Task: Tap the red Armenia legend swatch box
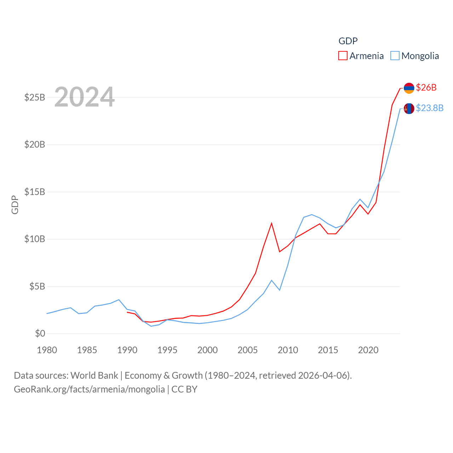pyautogui.click(x=343, y=56)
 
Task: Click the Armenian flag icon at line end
pyautogui.click(x=409, y=88)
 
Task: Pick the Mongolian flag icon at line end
pyautogui.click(x=409, y=108)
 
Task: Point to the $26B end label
pyautogui.click(x=426, y=87)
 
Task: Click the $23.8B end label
pyautogui.click(x=430, y=108)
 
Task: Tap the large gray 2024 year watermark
pyautogui.click(x=85, y=97)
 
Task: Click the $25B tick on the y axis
pyautogui.click(x=35, y=97)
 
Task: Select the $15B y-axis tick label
pyautogui.click(x=35, y=192)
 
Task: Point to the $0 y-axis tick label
pyautogui.click(x=40, y=333)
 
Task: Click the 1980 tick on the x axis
pyautogui.click(x=47, y=350)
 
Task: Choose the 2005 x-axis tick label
pyautogui.click(x=248, y=350)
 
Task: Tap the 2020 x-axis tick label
pyautogui.click(x=368, y=350)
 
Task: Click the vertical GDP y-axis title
pyautogui.click(x=15, y=205)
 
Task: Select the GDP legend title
pyautogui.click(x=348, y=41)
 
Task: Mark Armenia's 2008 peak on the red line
pyautogui.click(x=271, y=223)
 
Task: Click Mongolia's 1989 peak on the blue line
pyautogui.click(x=119, y=300)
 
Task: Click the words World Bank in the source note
pyautogui.click(x=94, y=375)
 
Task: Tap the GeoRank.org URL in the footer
pyautogui.click(x=89, y=389)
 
